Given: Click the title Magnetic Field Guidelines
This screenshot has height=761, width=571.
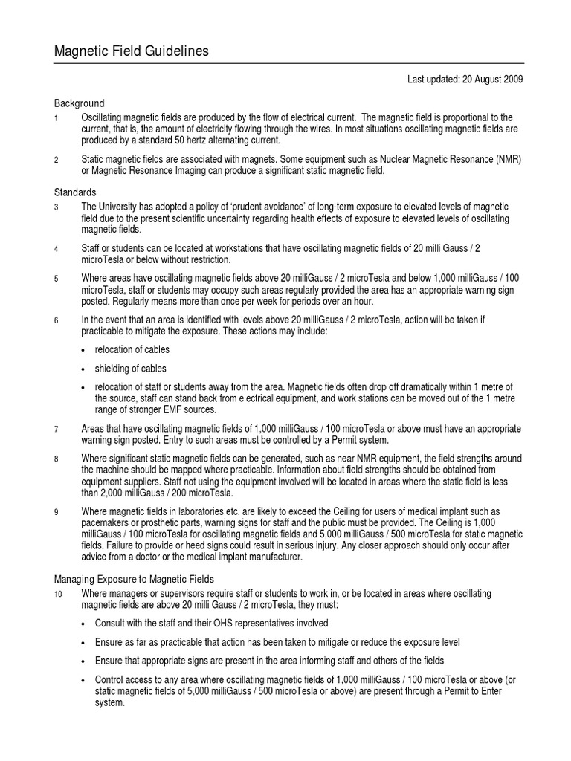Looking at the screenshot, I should (132, 51).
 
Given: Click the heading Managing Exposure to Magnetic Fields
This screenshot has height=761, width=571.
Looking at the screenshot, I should (135, 578).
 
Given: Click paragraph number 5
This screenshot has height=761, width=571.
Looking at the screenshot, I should (57, 279).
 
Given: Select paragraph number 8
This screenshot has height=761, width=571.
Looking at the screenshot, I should (57, 459).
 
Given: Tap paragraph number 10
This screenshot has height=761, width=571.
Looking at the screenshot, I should (59, 595).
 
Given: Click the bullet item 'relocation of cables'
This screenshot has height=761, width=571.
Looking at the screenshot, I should (132, 349).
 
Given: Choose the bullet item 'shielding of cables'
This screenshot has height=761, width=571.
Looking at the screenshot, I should (131, 369).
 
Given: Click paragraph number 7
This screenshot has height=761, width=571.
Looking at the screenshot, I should (57, 430).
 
